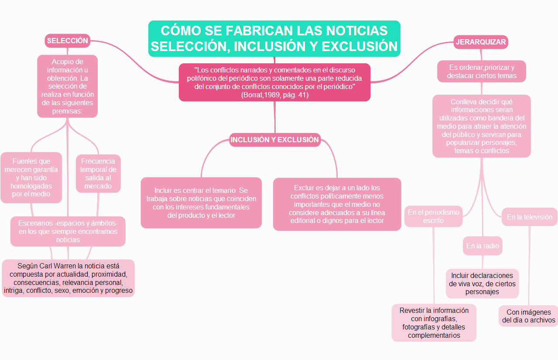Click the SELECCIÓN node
(68, 41)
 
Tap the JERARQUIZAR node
(481, 42)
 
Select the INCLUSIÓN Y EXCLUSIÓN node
(275, 140)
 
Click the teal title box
(274, 38)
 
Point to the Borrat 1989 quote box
(275, 82)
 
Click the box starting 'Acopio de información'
(68, 86)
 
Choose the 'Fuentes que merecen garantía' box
(31, 178)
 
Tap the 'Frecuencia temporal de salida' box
(98, 173)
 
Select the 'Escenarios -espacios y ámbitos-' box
(68, 231)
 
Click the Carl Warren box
(68, 278)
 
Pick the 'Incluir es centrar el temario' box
(201, 202)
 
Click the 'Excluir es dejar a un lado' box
(337, 204)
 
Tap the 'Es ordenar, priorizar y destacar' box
(482, 72)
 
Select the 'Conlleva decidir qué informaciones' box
(482, 126)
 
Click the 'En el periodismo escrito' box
(433, 216)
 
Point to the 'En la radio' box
(483, 246)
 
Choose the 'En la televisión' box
(529, 217)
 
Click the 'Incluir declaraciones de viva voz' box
(483, 284)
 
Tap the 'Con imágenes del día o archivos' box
(529, 316)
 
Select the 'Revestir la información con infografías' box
(434, 323)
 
